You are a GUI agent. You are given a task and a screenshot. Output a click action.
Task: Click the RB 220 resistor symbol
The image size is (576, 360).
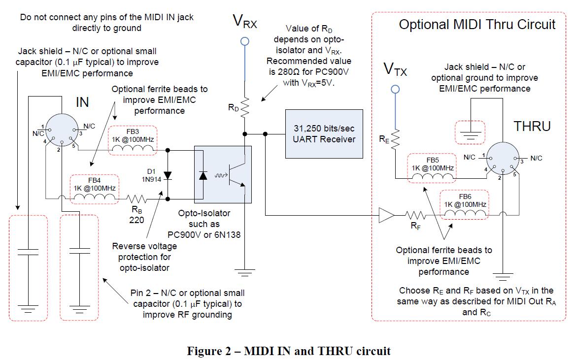pos(136,199)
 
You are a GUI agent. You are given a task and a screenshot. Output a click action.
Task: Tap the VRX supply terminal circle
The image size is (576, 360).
pos(244,40)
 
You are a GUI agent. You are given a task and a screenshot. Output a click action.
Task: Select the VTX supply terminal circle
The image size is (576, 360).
pos(395,89)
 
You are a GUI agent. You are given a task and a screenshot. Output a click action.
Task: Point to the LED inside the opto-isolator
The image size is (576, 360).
pos(203,175)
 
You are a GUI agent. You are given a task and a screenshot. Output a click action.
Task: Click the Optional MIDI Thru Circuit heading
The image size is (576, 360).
pos(477,25)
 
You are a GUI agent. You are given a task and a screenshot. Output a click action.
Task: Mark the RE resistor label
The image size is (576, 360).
pos(384,139)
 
